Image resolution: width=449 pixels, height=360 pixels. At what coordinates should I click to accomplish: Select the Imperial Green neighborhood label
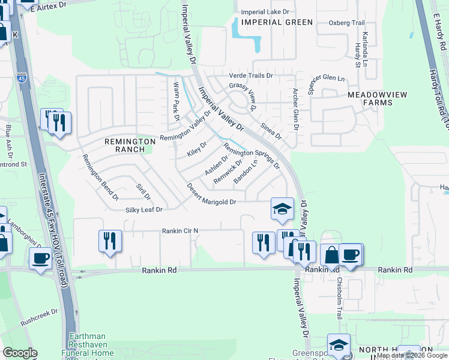[277, 22]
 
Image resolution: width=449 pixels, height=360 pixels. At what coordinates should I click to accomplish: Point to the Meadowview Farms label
[370, 98]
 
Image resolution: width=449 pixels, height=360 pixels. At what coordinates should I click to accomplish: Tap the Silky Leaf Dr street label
[143, 209]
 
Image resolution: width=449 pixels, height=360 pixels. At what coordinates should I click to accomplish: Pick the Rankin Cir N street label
[179, 230]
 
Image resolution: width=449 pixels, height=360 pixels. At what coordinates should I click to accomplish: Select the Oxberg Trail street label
[346, 23]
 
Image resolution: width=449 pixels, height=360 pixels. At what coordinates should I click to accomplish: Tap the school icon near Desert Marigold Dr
[282, 208]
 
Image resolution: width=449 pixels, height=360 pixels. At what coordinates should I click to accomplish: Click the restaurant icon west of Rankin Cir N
[110, 241]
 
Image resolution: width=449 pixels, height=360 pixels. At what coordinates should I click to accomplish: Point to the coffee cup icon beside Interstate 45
[41, 258]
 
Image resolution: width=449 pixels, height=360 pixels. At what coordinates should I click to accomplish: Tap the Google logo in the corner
[19, 353]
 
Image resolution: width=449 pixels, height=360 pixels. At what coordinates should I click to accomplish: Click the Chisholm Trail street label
[339, 297]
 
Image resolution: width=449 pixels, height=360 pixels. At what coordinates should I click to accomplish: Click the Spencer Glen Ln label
[327, 84]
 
